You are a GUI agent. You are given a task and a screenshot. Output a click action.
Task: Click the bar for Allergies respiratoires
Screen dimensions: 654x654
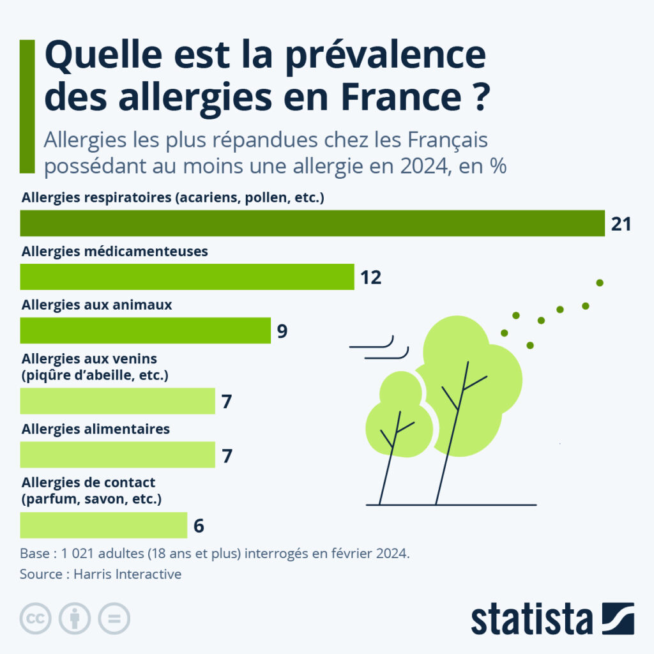click(312, 223)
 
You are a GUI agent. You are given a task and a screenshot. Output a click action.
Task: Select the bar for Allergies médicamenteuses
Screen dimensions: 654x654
click(187, 277)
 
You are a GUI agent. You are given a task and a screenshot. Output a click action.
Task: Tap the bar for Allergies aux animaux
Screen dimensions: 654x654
click(146, 330)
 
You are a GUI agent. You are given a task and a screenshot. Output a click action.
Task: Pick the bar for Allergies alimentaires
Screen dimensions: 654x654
click(118, 454)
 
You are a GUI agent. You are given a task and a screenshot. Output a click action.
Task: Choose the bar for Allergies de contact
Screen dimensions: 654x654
click(103, 525)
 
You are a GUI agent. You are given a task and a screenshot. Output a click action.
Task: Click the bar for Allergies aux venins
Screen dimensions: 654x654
click(118, 401)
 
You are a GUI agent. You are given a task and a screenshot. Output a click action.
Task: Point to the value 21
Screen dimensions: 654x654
click(621, 224)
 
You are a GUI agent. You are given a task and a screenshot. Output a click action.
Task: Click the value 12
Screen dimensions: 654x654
click(370, 278)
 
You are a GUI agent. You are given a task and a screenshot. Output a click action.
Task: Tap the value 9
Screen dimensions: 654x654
click(282, 331)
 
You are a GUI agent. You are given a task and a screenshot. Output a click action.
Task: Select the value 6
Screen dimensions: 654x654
click(198, 526)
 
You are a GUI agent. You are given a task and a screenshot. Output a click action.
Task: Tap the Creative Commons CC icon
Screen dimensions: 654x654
click(36, 618)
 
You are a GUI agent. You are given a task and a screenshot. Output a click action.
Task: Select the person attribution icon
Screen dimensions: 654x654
click(75, 618)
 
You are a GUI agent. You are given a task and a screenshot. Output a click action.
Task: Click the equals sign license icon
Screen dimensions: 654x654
click(114, 618)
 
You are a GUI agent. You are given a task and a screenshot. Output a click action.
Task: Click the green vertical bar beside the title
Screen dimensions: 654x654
click(27, 106)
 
